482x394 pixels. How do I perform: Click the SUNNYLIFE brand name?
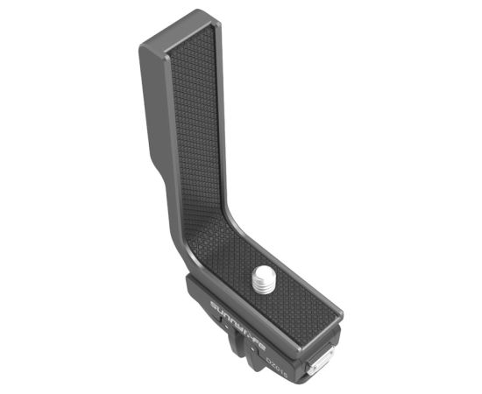tap(237, 324)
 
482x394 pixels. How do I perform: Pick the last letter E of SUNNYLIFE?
tap(260, 342)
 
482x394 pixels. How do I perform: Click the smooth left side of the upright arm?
tap(151, 114)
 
